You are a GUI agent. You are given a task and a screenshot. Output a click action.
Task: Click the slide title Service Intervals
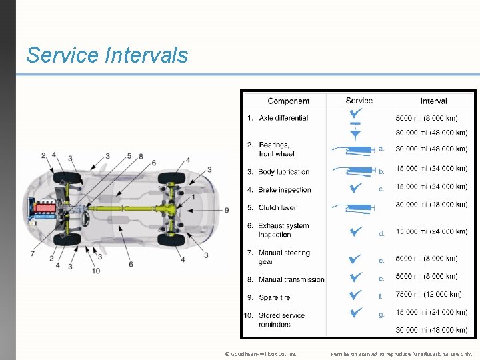107,55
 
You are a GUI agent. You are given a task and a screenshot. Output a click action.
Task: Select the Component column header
288,101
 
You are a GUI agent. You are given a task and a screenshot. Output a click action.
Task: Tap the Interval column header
433,101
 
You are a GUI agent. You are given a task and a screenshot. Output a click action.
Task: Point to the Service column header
359,101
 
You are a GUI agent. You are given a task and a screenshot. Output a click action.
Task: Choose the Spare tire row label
274,297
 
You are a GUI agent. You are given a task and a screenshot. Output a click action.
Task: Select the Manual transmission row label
291,279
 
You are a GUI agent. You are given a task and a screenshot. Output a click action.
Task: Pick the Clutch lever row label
277,207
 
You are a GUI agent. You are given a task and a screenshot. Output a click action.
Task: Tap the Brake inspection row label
284,190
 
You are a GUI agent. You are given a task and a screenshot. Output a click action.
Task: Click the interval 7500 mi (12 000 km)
428,294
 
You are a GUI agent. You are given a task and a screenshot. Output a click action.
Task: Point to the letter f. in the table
381,296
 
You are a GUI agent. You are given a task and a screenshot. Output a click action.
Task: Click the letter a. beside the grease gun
381,149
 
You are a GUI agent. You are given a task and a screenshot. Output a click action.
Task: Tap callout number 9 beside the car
227,210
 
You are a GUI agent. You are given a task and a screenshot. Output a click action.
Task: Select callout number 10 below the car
96,271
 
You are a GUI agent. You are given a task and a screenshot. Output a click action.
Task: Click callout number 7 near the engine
33,253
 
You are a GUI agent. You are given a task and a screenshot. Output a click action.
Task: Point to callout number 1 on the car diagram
194,197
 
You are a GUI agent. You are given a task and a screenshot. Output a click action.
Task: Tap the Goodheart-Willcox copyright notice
261,354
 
